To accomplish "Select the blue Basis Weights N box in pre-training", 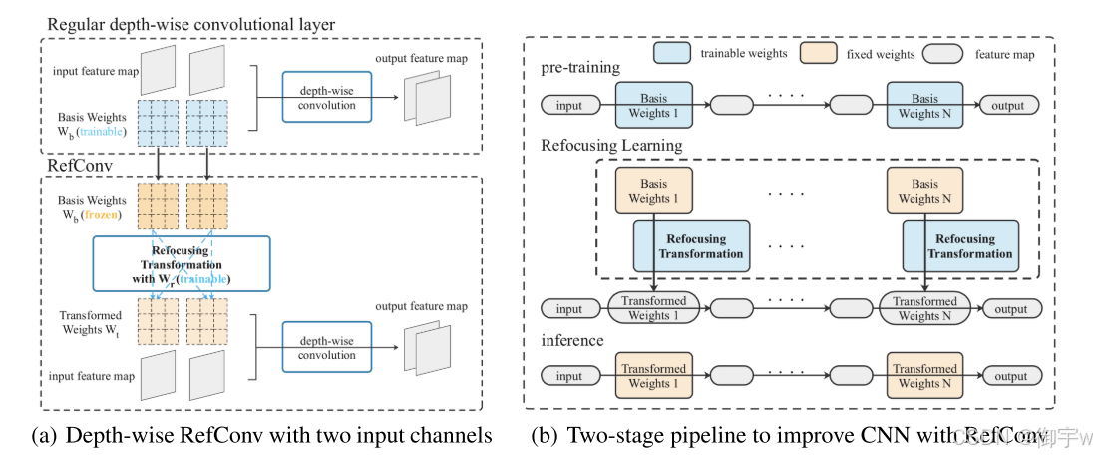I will (924, 106).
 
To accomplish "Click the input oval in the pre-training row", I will (569, 105).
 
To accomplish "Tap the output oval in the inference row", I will (1010, 376).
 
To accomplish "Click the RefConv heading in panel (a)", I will (74, 166).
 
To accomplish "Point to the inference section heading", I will (572, 341).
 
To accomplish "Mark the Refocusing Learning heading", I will (611, 146).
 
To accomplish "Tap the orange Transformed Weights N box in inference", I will (924, 376).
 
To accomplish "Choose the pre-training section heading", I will (580, 68).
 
